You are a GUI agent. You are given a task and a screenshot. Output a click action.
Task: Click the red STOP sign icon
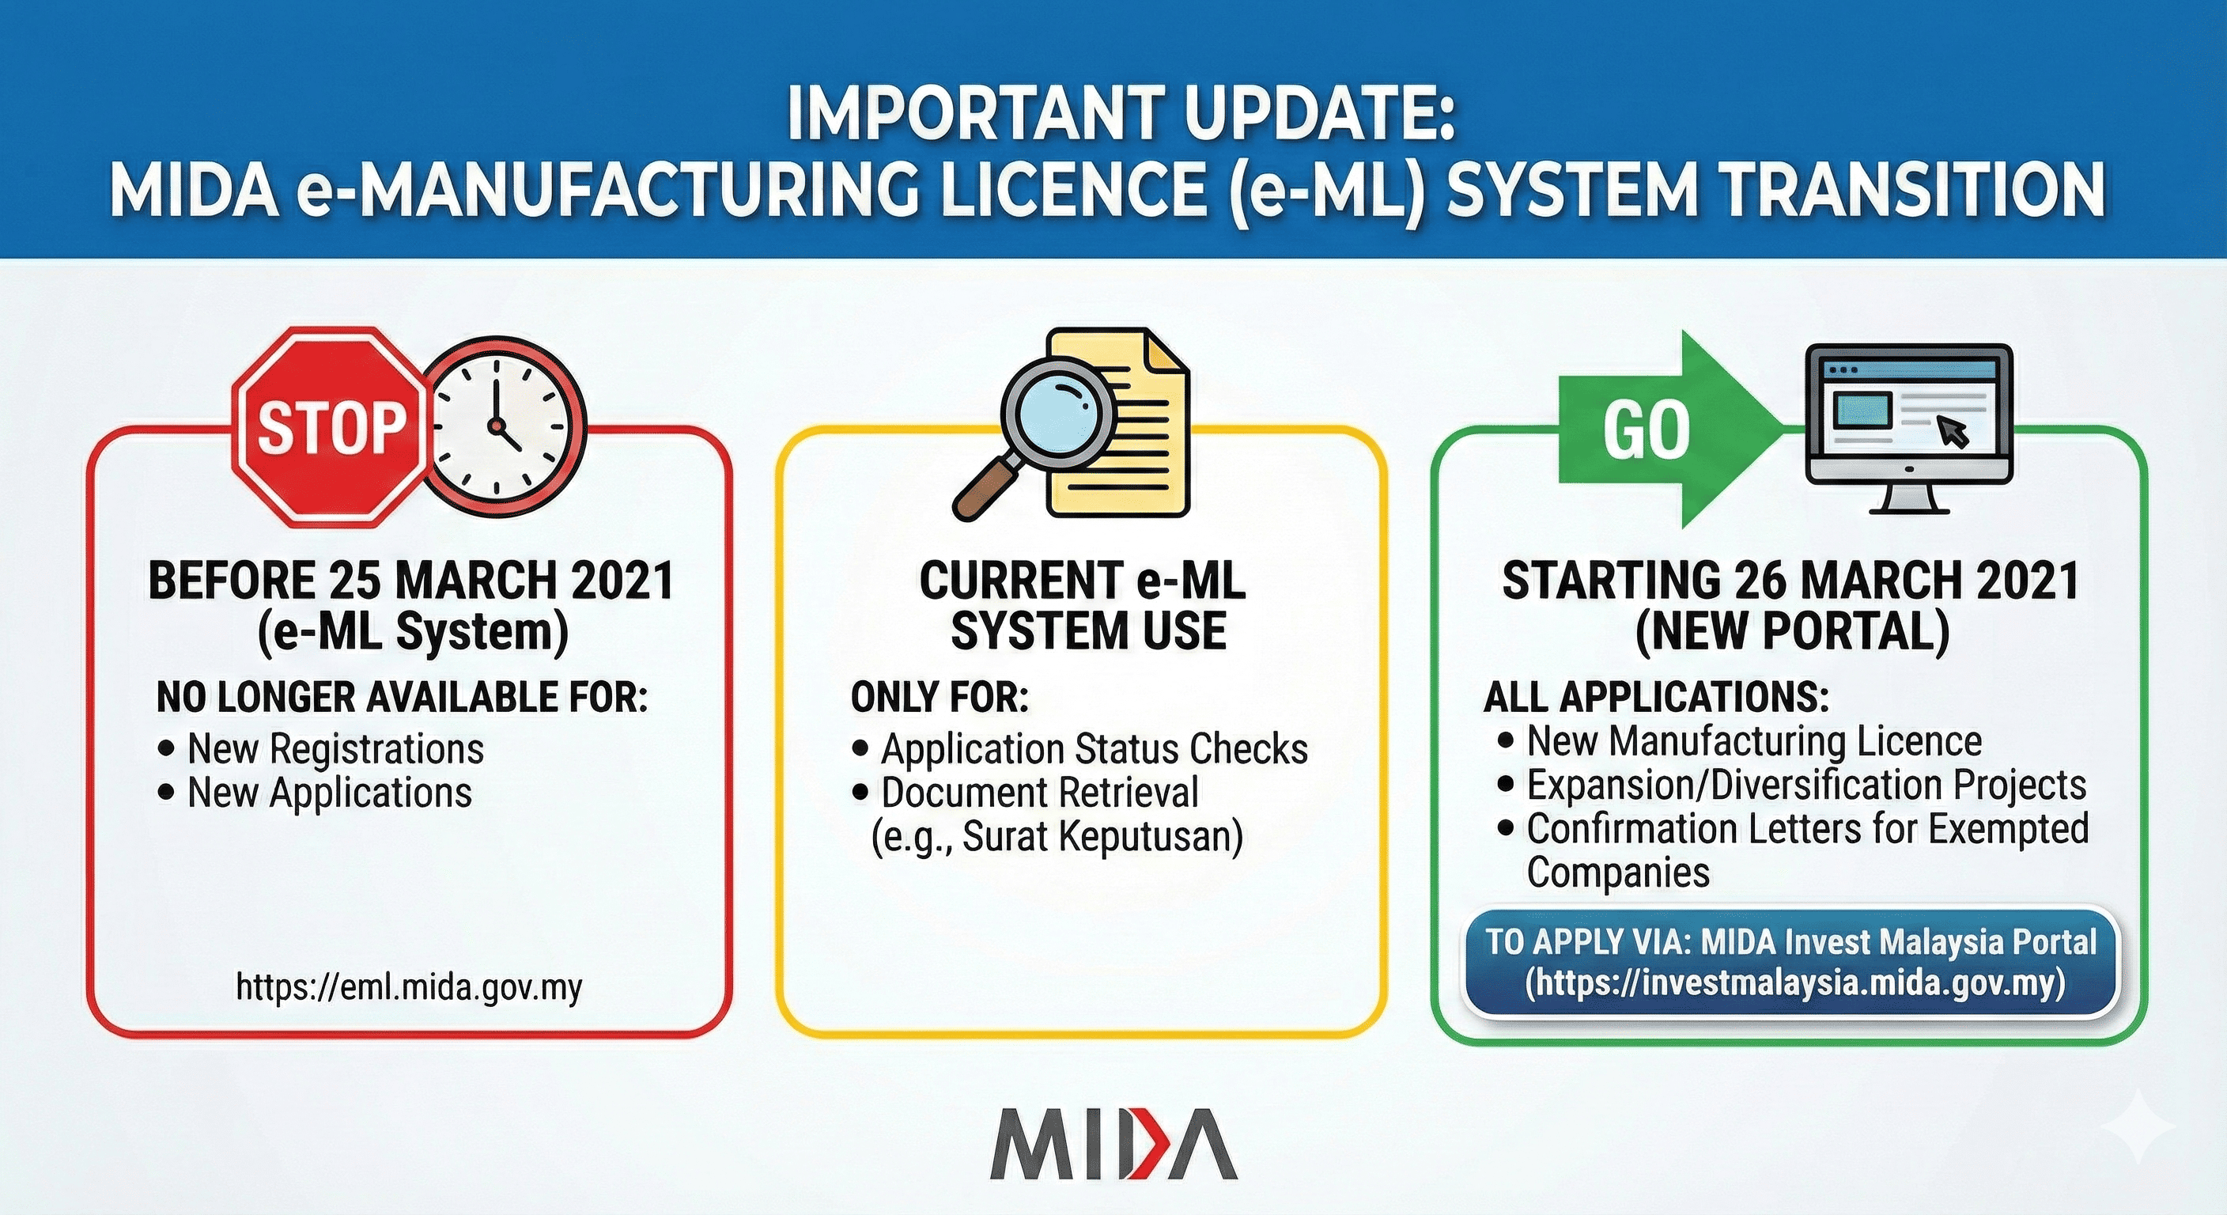coord(331,426)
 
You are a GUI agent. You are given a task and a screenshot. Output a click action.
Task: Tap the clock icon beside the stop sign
coord(507,426)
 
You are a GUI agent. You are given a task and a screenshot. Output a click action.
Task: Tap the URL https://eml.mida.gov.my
coord(409,986)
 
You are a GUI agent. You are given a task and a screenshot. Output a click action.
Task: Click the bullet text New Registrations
coord(335,748)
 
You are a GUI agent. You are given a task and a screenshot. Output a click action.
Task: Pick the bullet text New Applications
coord(329,792)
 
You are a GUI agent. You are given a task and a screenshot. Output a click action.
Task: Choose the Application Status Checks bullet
coord(1095,749)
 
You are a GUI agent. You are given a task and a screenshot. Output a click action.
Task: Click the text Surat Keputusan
coord(1102,836)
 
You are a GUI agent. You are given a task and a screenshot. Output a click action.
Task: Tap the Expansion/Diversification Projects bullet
coord(1807,785)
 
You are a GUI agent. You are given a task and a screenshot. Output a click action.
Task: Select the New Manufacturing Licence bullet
coord(1754,741)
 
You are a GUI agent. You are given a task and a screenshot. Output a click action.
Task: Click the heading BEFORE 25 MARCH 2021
coord(411,581)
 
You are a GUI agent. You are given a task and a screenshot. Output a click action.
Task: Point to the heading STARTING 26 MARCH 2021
coord(1791,581)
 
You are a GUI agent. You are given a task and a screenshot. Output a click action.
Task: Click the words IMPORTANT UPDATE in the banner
coord(1122,113)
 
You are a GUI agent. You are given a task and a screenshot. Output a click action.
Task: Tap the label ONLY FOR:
coord(940,698)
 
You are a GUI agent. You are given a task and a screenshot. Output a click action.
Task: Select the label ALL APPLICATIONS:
coord(1658,697)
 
